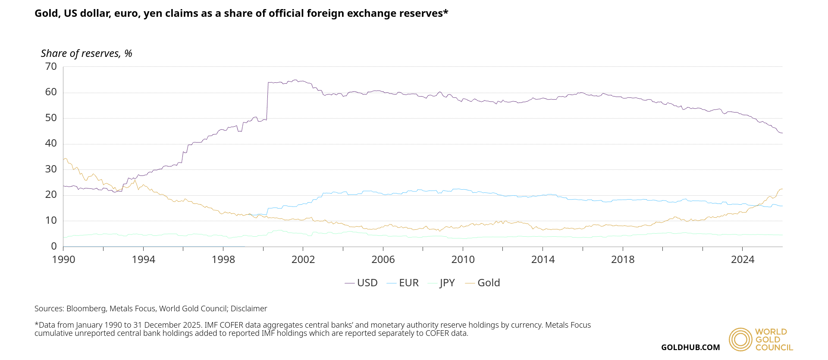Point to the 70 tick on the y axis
tap(51, 66)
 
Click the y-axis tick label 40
tap(51, 143)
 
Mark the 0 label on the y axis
tap(54, 246)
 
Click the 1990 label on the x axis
tap(63, 260)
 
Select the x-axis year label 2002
tap(303, 260)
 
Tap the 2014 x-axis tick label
tap(543, 260)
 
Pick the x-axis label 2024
tap(743, 260)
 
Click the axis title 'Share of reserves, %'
tap(86, 53)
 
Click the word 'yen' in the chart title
tap(152, 14)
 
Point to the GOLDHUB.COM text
tap(690, 347)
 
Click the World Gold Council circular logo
tap(740, 340)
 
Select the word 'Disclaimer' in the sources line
tap(249, 309)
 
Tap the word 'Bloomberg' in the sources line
tap(86, 309)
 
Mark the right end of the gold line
tap(782, 189)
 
